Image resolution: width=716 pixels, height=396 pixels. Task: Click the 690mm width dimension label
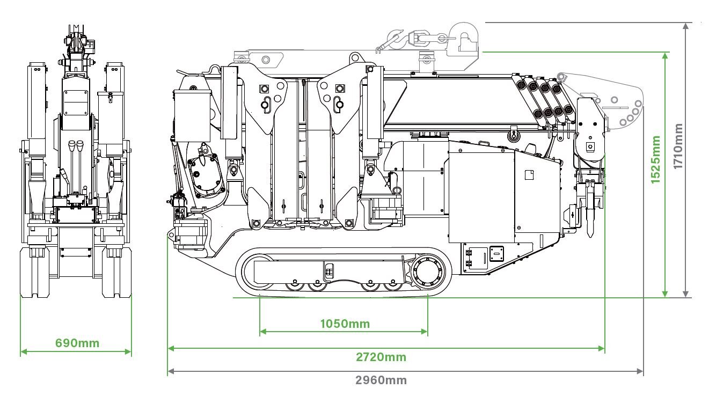click(x=77, y=343)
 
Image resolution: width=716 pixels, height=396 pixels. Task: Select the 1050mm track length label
click(x=345, y=324)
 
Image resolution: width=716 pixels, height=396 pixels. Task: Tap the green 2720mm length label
click(x=381, y=357)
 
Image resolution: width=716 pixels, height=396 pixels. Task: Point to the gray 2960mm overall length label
click(x=381, y=380)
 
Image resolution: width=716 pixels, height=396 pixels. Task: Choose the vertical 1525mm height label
click(x=656, y=159)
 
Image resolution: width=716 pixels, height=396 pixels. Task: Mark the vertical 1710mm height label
click(x=678, y=146)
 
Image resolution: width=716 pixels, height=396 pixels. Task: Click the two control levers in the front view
click(x=75, y=153)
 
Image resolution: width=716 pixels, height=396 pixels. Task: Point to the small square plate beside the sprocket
click(x=497, y=253)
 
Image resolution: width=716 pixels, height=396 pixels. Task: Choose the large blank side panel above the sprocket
click(x=481, y=196)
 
